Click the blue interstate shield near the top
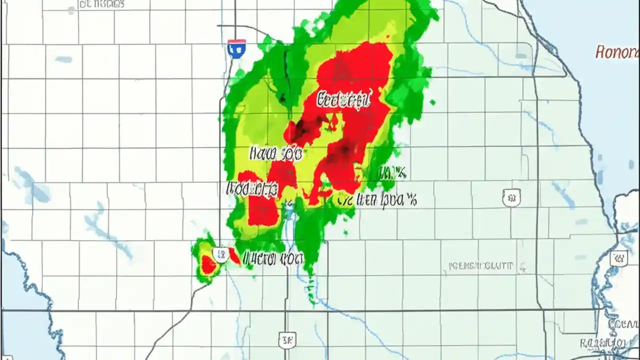click(x=236, y=48)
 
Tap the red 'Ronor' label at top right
click(x=617, y=51)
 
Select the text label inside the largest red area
click(x=344, y=99)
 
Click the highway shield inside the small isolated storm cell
click(x=220, y=254)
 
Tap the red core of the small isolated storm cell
click(x=208, y=263)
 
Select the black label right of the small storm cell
click(x=273, y=258)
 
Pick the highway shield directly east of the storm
click(x=511, y=197)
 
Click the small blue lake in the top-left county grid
click(x=63, y=59)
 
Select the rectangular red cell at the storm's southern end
click(x=263, y=210)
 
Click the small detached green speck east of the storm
click(x=432, y=102)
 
